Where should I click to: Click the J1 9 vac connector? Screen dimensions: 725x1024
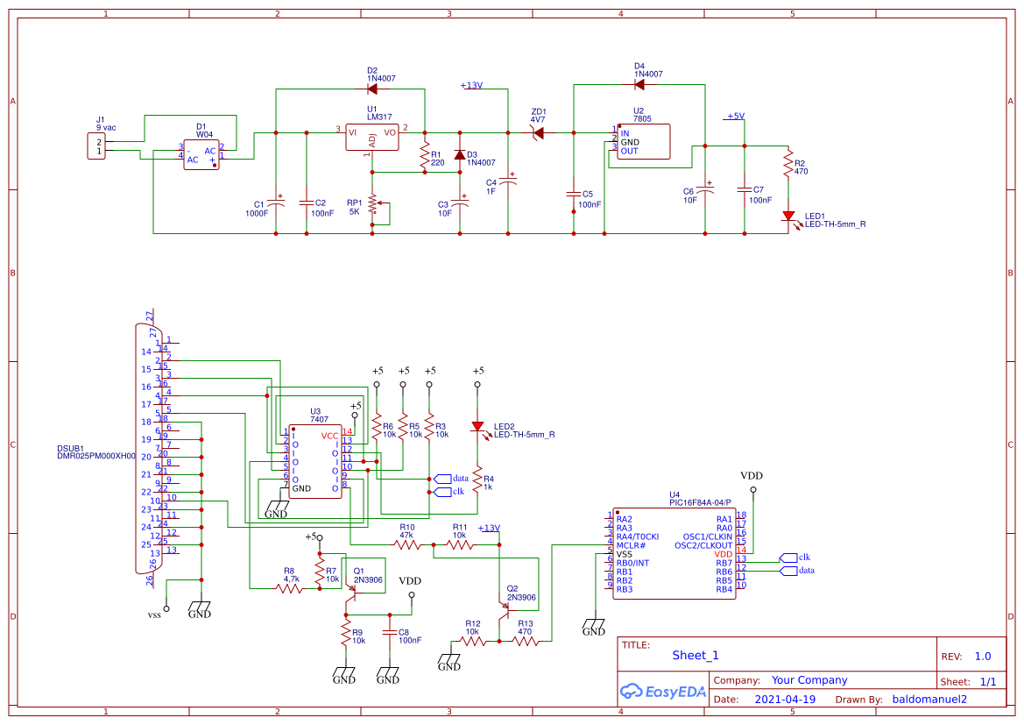[98, 146]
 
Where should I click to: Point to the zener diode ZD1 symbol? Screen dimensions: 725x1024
[538, 132]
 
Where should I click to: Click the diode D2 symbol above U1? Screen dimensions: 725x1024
[371, 89]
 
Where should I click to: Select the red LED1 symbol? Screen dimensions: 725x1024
[788, 216]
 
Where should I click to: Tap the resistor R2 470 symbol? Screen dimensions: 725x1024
[788, 167]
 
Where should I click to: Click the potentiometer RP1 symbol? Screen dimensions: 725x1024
[373, 203]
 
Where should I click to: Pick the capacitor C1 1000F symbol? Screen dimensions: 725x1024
[276, 203]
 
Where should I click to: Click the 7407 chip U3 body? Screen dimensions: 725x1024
[315, 462]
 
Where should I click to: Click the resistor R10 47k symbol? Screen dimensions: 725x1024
[406, 544]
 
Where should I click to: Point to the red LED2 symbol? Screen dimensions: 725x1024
[478, 427]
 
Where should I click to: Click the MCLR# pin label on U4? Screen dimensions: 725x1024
[631, 545]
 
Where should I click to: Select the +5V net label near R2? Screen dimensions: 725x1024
[735, 116]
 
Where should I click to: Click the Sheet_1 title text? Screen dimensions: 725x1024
[695, 655]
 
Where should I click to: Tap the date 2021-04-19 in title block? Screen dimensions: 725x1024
[784, 700]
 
